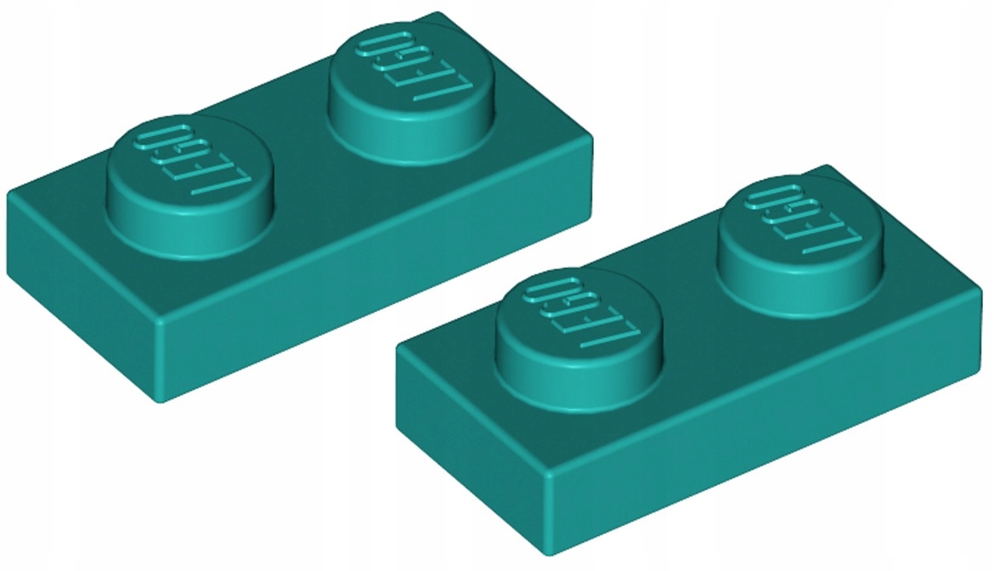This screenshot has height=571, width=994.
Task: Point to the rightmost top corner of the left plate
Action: point(591,134)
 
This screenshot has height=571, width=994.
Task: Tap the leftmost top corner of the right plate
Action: point(398,348)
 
